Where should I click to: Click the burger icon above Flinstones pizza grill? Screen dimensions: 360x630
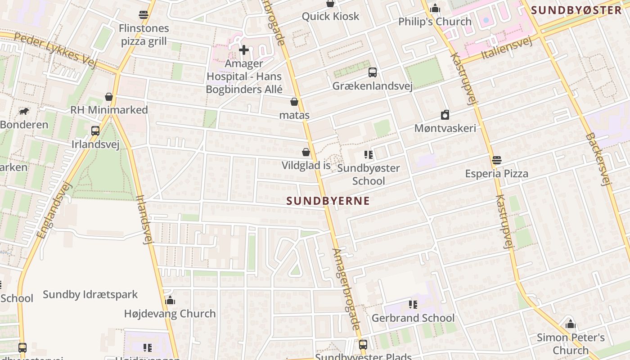(144, 15)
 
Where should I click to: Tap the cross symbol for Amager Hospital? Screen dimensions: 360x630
(244, 49)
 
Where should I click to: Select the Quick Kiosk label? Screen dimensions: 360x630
(330, 17)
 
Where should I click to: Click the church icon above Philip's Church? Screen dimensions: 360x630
(435, 8)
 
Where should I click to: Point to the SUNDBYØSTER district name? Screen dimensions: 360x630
(576, 10)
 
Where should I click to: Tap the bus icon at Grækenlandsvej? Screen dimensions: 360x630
(372, 72)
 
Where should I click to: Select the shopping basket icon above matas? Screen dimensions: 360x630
(294, 102)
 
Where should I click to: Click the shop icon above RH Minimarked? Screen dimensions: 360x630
(108, 97)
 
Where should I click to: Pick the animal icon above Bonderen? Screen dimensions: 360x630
(23, 111)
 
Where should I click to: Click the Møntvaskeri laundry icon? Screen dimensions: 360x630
(445, 115)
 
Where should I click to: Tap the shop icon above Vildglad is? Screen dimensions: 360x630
(306, 153)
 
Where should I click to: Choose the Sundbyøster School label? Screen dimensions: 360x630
(368, 175)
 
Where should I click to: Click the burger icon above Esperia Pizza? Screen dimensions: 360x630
(497, 160)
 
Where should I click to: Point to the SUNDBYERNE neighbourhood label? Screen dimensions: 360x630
(328, 201)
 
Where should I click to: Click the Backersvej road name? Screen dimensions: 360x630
(599, 159)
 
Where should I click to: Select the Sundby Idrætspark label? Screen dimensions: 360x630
(90, 295)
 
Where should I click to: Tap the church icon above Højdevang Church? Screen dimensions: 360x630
(170, 300)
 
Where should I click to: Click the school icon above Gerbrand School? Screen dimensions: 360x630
(413, 305)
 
